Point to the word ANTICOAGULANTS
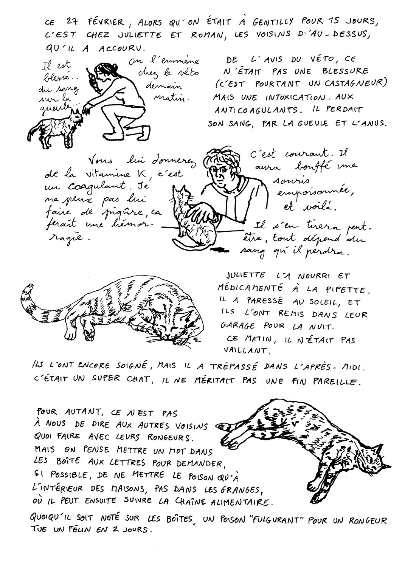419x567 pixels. coord(256,110)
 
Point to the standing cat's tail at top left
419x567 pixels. coord(34,130)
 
